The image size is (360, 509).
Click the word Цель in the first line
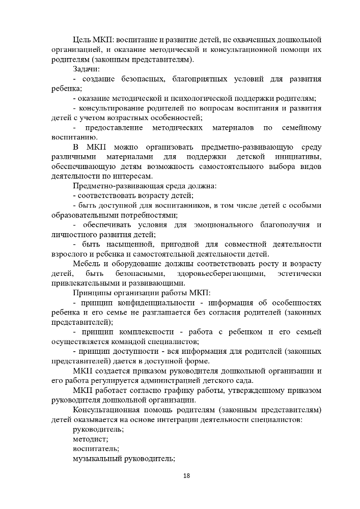[82, 39]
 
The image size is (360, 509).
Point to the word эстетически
[300, 274]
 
